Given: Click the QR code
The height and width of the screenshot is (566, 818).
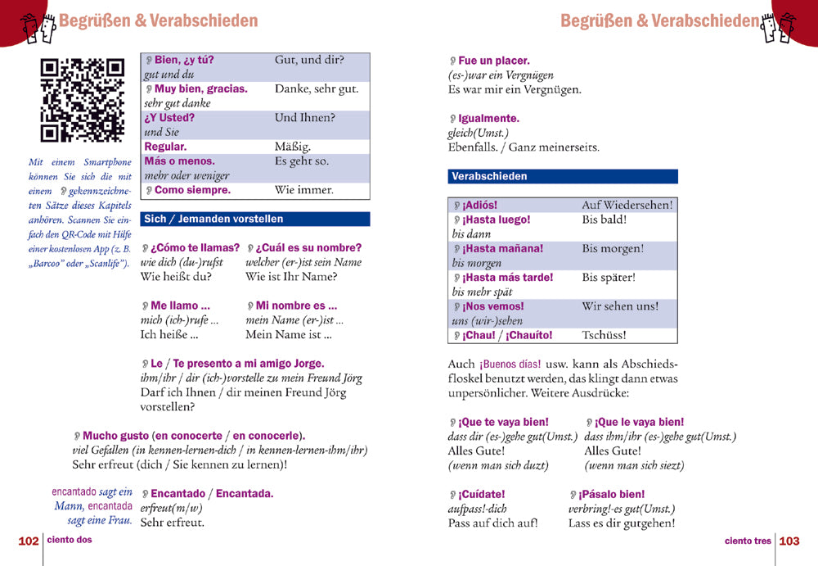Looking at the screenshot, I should coord(82,100).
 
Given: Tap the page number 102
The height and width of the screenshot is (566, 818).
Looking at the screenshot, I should coord(29,541).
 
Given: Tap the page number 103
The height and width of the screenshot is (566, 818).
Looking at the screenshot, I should coord(789,541).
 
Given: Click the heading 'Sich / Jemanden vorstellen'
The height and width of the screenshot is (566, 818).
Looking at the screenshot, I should coord(213,219).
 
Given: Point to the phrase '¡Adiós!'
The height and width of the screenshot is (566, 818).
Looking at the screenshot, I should coord(479,205).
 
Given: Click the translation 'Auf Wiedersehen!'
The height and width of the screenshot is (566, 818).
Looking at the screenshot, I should coord(627,205).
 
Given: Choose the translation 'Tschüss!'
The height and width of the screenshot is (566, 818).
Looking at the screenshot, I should coord(605,335).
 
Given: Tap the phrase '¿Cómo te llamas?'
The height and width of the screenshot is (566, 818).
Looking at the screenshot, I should coord(195,247).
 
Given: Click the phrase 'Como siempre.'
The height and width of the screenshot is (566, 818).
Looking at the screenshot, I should coord(192,190).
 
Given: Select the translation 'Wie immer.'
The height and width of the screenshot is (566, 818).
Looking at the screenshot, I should coord(304,190).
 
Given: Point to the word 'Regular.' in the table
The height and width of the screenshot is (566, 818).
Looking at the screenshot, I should coord(165,147).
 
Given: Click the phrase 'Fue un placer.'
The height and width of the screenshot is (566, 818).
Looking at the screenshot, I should coord(493,61).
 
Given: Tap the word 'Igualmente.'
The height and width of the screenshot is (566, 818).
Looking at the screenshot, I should coord(488,119).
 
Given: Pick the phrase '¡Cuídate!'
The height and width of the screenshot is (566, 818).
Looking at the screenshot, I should coord(482,494).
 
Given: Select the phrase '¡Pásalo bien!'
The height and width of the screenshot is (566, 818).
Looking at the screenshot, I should coord(611,494).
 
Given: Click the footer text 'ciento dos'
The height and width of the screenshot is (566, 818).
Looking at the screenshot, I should coord(70,541).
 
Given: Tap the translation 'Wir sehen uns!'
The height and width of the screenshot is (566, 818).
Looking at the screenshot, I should coord(620,306).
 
